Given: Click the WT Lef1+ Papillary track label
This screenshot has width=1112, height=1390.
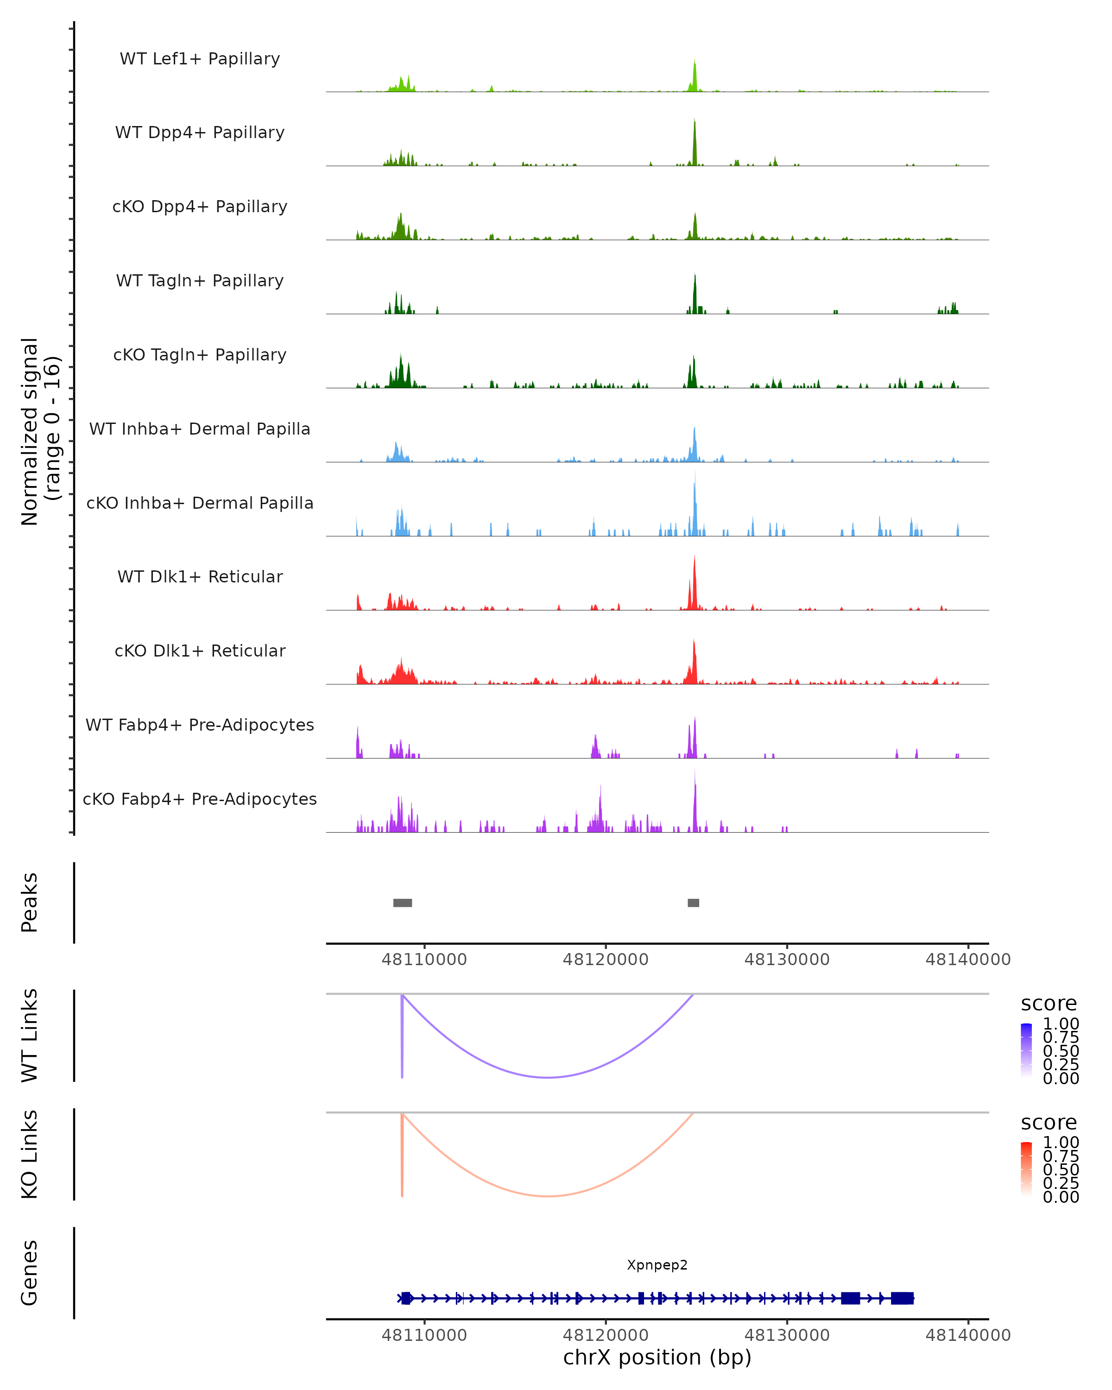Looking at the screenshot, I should (x=200, y=59).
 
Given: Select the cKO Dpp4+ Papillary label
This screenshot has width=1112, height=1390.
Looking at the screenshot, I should (x=200, y=207).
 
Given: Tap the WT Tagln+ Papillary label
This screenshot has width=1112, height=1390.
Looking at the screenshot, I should (x=200, y=281).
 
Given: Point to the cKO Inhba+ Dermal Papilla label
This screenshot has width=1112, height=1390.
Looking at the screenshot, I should (x=200, y=504).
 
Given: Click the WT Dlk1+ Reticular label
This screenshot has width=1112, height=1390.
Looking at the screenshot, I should (x=200, y=577).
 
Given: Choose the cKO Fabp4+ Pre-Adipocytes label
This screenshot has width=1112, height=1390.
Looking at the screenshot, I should (x=200, y=799).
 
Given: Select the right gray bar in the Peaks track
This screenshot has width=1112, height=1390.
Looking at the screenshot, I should (x=693, y=903).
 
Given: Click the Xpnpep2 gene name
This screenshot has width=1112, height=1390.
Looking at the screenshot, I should (x=657, y=1265).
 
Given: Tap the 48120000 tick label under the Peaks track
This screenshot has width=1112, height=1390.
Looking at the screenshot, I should (x=605, y=960).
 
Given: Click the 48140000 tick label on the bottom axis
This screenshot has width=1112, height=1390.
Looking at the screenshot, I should (x=967, y=1335).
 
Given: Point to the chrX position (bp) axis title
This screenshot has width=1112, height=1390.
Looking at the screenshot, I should (x=657, y=1358).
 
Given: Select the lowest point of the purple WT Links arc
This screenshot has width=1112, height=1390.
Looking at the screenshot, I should (x=547, y=1077).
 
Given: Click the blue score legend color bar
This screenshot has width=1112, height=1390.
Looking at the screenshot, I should (x=1026, y=1050).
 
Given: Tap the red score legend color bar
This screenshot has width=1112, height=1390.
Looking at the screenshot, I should (x=1026, y=1169).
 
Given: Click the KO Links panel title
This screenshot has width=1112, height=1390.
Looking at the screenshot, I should (x=30, y=1155).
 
